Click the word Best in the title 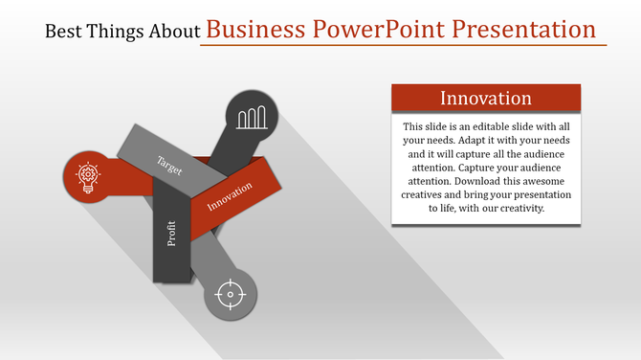pos(63,32)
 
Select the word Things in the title pos(115,32)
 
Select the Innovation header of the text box pos(485,99)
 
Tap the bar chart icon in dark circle pos(252,118)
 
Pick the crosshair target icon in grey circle pos(230,294)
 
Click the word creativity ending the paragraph pos(518,208)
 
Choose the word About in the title pos(175,32)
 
